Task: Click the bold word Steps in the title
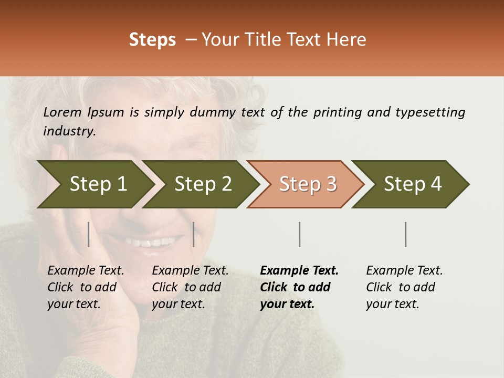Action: pyautogui.click(x=152, y=40)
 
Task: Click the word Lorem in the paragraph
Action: pyautogui.click(x=62, y=112)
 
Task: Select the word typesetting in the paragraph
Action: pyautogui.click(x=430, y=112)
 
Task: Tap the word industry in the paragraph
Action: pyautogui.click(x=69, y=131)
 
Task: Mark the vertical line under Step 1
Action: pyautogui.click(x=89, y=234)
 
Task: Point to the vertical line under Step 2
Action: pyautogui.click(x=194, y=234)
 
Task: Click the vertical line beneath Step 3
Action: pyautogui.click(x=299, y=234)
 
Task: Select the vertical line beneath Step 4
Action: pyautogui.click(x=405, y=234)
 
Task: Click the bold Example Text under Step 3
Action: pyautogui.click(x=299, y=271)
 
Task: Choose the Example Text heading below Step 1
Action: pyautogui.click(x=86, y=271)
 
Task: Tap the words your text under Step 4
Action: pyautogui.click(x=392, y=304)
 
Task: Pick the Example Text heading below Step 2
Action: pyautogui.click(x=190, y=271)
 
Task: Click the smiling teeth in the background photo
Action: pyautogui.click(x=152, y=243)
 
